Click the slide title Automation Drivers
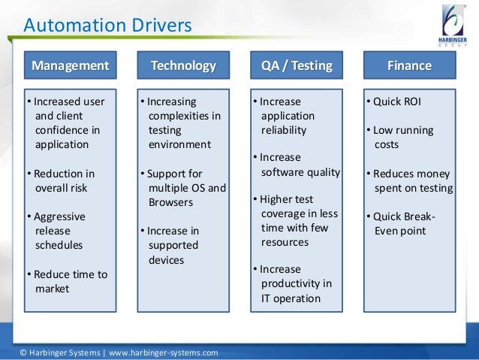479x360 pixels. click(x=107, y=26)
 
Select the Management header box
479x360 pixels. click(x=69, y=66)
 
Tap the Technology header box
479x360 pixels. click(x=183, y=66)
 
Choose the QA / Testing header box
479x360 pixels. click(x=296, y=66)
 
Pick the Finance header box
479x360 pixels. click(x=409, y=66)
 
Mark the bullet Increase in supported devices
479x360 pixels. click(x=172, y=245)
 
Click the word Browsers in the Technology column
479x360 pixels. click(x=171, y=203)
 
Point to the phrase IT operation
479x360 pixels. click(x=291, y=298)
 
